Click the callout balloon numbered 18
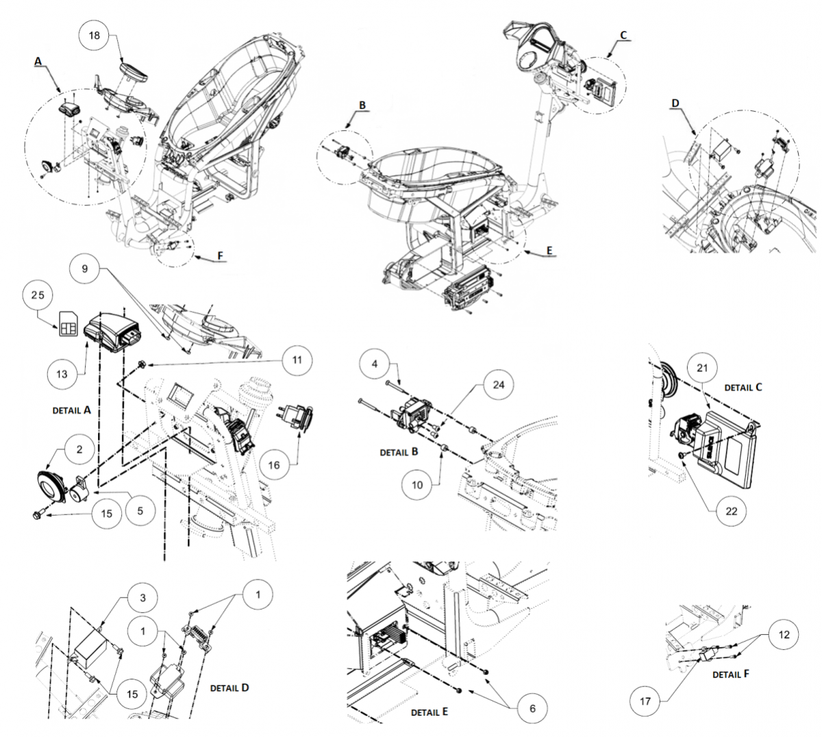94,36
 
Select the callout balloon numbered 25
38,295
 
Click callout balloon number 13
62,374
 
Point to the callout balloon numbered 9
84,268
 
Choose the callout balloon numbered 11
297,360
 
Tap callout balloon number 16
274,465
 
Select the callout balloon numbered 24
498,384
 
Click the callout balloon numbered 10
417,485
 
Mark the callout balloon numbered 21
702,368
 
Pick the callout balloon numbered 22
731,511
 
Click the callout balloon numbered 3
142,598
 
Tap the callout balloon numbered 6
532,708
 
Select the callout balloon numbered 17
645,701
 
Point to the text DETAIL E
429,712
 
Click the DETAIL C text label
743,388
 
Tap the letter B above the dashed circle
362,105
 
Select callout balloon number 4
375,364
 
